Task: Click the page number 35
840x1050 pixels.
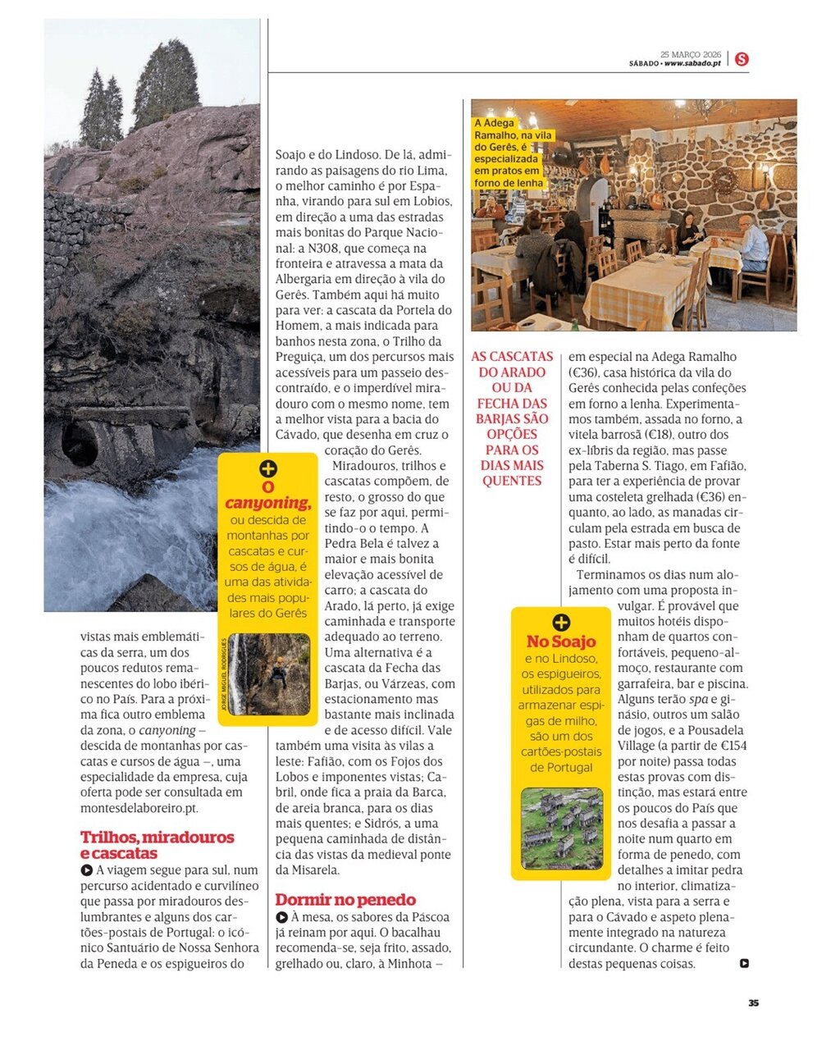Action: (753, 1002)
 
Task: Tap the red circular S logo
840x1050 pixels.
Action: (742, 59)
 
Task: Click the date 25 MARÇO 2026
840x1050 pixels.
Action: (690, 54)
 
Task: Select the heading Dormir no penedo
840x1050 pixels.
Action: (345, 899)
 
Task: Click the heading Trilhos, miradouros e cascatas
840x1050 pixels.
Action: (157, 845)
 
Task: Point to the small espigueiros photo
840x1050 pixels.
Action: (562, 829)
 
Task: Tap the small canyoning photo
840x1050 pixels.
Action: (269, 674)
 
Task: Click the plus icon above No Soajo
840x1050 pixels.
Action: (561, 623)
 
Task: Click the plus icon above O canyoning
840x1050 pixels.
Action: (267, 469)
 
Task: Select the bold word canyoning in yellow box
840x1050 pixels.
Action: (267, 503)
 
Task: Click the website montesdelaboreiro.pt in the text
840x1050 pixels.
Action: (139, 808)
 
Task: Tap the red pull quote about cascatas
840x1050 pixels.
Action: (512, 418)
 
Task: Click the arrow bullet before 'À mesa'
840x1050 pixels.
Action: (281, 917)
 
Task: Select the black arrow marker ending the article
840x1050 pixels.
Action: (744, 964)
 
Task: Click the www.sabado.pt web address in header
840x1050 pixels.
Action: (692, 63)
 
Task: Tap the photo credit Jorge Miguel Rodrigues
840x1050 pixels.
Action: (223, 673)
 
